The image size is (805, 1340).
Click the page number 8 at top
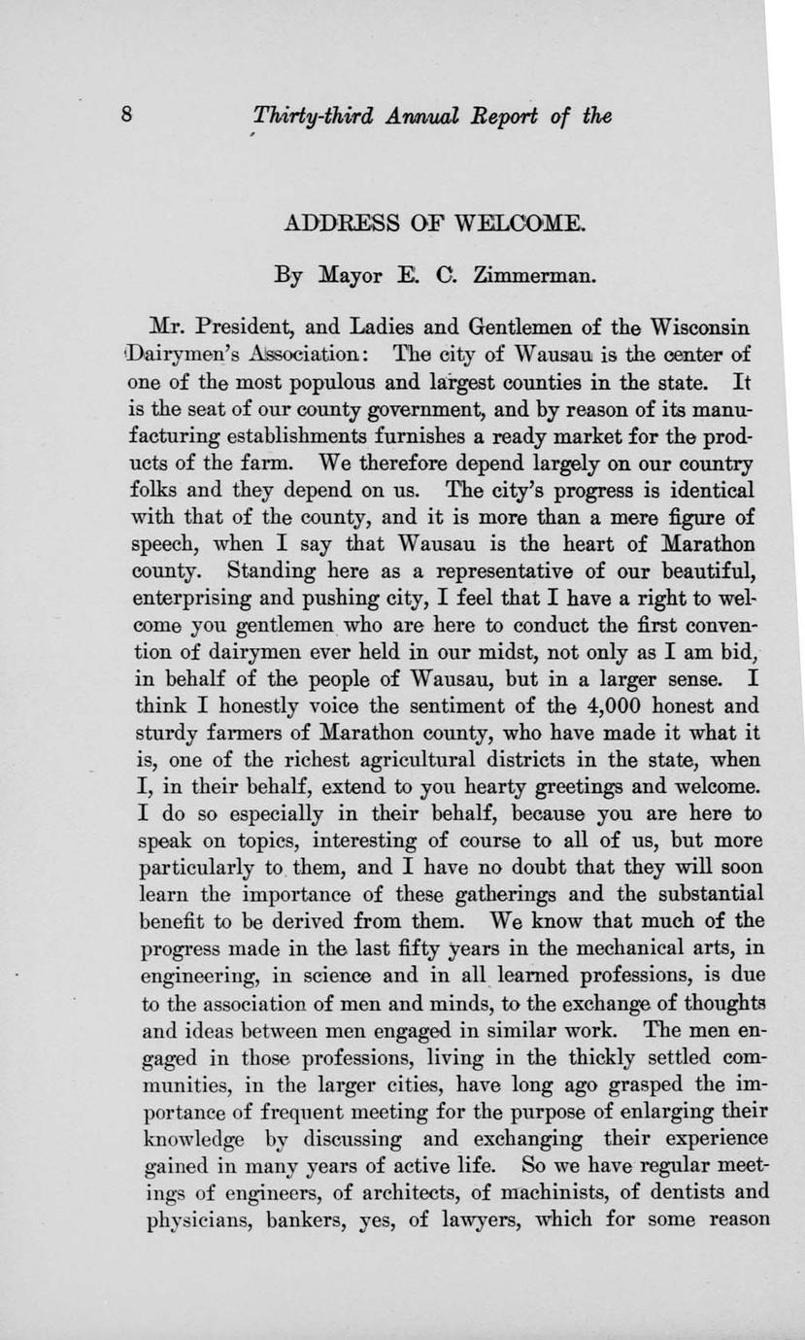(126, 117)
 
